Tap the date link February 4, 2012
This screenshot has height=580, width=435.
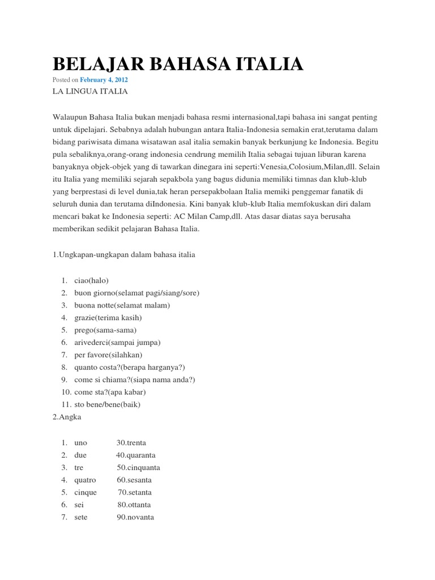(x=104, y=80)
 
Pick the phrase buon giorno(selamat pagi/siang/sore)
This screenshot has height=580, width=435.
(x=137, y=293)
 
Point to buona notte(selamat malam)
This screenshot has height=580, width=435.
(x=122, y=305)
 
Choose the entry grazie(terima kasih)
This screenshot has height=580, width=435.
(x=108, y=318)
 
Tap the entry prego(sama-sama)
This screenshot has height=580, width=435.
(x=105, y=330)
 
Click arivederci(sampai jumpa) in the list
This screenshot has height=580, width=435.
(x=117, y=343)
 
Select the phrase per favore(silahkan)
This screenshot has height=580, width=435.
(x=108, y=355)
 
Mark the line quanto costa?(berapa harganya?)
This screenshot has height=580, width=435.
(x=130, y=368)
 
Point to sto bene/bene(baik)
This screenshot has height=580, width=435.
(x=107, y=404)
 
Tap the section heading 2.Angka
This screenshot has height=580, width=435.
(x=66, y=417)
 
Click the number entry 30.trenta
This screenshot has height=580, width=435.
(x=134, y=442)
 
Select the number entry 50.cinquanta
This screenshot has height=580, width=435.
(x=138, y=467)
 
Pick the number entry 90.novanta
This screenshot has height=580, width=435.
(x=135, y=517)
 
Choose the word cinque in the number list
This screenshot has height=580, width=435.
(x=85, y=492)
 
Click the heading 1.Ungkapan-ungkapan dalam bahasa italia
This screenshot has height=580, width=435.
(x=123, y=255)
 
